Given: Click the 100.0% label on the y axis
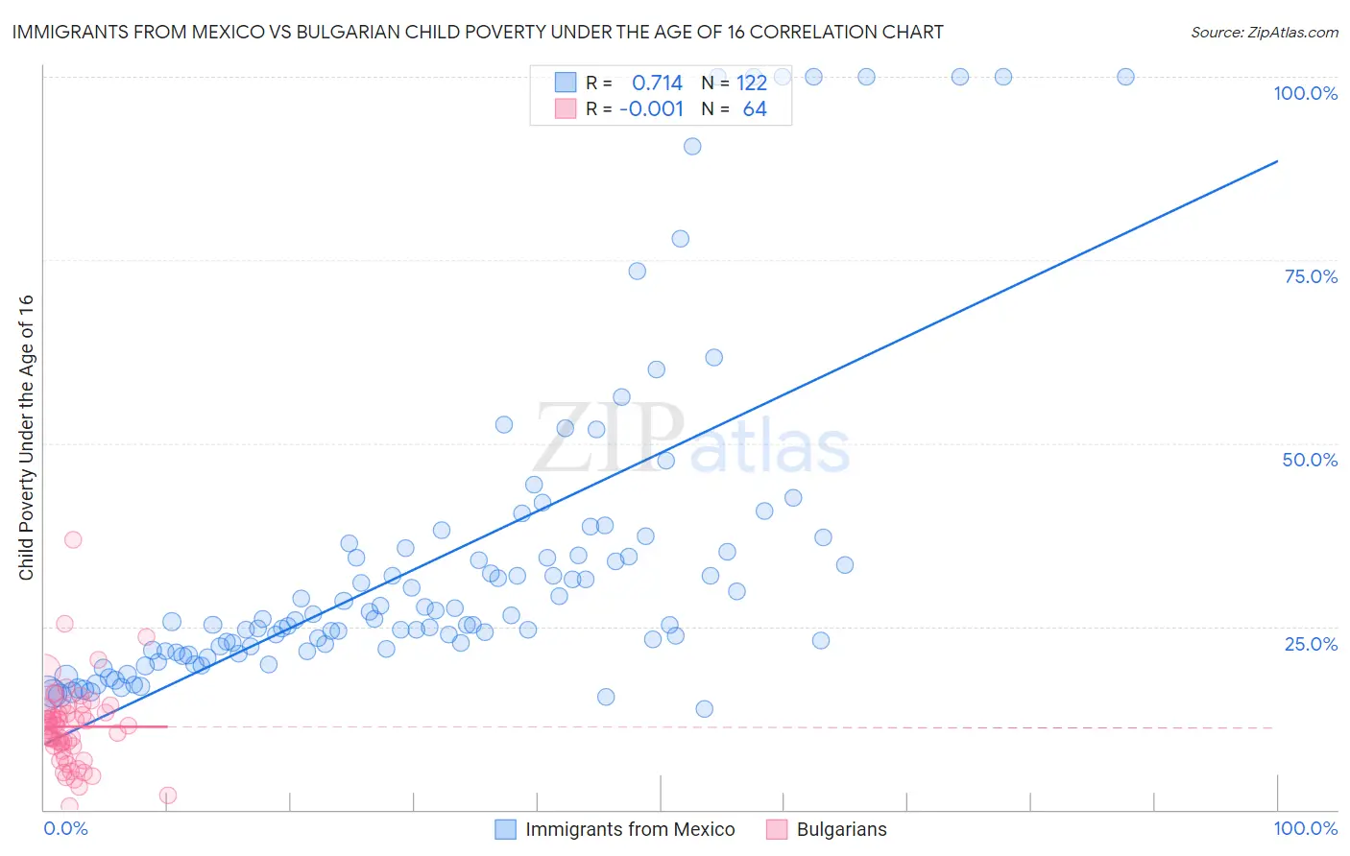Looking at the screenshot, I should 1305,93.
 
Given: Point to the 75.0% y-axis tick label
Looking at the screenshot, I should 1311,276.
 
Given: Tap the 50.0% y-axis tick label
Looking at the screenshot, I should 1310,460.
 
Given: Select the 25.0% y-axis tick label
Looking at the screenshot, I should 1311,643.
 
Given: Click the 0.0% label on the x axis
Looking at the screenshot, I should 65,828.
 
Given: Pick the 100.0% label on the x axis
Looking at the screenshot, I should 1305,828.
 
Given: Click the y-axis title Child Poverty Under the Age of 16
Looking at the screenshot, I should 26,438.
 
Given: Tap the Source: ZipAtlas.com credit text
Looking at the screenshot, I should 1264,32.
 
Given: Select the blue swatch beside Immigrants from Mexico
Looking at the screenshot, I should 505,829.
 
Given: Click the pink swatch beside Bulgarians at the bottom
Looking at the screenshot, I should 777,829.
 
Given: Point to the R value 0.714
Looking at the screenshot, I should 657,83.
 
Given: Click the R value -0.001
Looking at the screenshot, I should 651,108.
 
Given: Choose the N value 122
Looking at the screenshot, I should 751,83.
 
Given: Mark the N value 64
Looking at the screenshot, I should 755,108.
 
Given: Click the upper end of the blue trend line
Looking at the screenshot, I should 1277,161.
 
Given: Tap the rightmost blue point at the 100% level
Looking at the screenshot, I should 1125,77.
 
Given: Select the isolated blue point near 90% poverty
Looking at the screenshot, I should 692,146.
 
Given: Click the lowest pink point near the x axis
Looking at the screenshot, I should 69,805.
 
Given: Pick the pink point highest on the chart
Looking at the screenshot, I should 73,539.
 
